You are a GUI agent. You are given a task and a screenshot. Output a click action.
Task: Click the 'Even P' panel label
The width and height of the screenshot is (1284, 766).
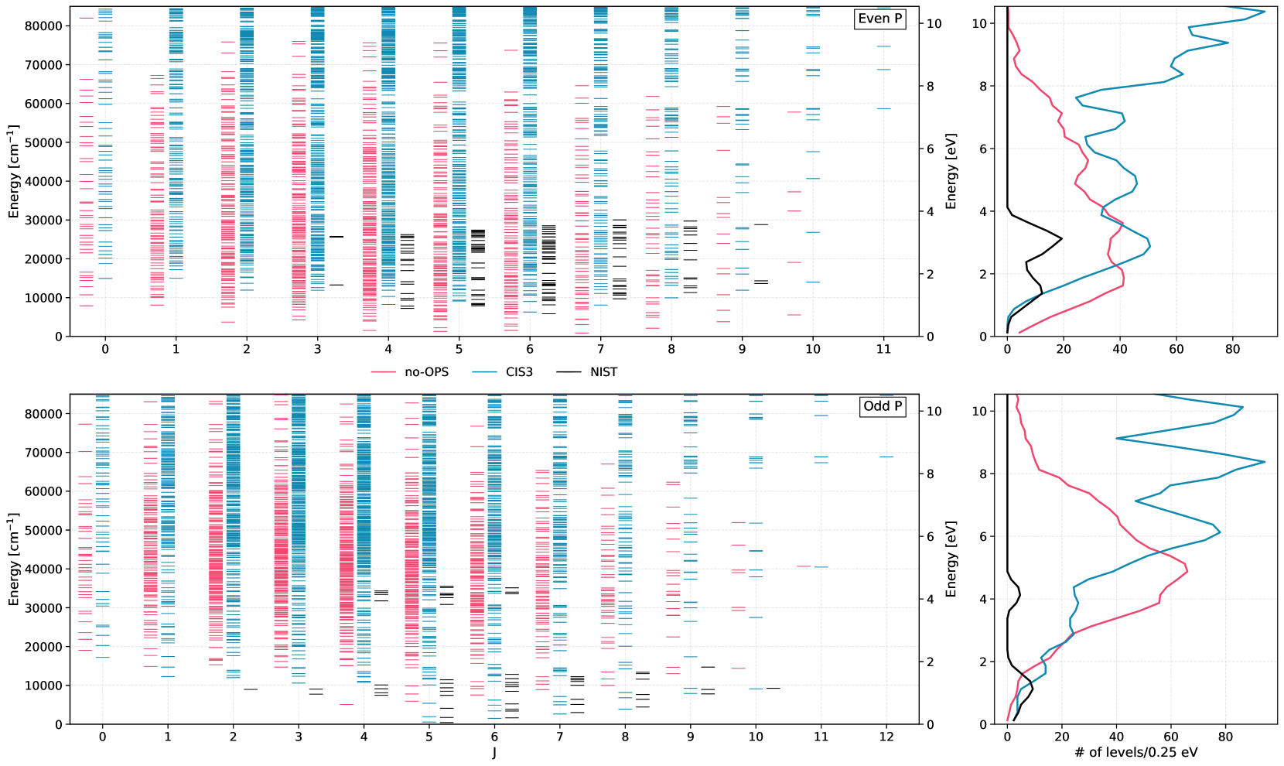pos(880,19)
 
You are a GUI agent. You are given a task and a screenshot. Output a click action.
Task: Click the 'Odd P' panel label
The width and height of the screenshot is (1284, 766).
pos(883,406)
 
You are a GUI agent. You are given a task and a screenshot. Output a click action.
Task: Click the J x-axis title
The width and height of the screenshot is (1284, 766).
pos(494,753)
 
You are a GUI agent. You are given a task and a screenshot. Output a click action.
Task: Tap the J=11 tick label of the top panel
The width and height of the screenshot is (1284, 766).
pos(883,349)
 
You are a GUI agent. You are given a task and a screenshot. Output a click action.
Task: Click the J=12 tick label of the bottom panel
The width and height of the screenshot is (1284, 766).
pos(886,737)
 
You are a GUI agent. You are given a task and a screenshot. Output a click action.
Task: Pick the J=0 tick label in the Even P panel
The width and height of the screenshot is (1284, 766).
pos(105,349)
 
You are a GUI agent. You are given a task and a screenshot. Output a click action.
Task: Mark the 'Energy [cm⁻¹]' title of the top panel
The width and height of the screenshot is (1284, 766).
pos(14,172)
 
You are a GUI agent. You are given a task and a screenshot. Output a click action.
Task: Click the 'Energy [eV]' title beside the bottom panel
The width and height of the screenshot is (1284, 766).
pos(951,559)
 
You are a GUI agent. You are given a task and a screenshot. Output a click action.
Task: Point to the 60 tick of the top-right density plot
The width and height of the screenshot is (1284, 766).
pos(1176,349)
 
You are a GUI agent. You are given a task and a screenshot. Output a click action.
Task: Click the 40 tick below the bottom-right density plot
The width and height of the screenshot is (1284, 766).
pos(1116,737)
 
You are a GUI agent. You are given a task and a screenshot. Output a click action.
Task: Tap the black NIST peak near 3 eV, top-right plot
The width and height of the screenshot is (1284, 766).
pos(1061,239)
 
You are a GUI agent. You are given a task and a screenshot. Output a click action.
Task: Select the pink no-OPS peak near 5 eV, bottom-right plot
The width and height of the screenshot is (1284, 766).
pos(1187,571)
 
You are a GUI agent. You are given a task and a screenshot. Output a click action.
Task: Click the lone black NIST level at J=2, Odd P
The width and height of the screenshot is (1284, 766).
pos(251,689)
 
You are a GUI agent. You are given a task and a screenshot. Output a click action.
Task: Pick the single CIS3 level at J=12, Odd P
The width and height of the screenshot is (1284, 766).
pos(886,457)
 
